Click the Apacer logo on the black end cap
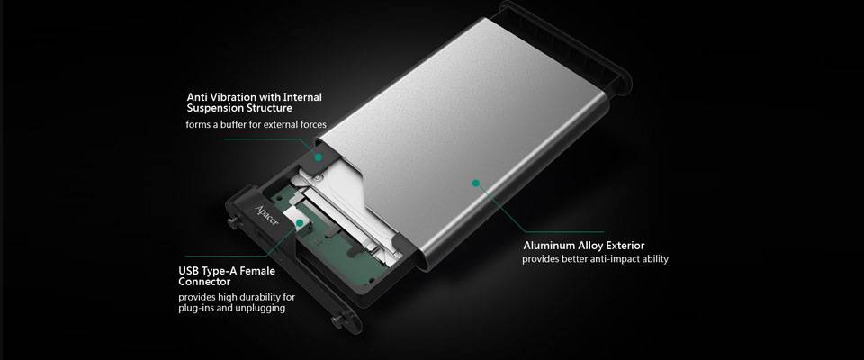[x=267, y=216]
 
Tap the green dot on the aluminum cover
[x=476, y=182]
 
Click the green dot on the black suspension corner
[x=318, y=157]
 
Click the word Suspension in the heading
[x=213, y=109]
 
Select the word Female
[x=257, y=271]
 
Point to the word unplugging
[x=262, y=308]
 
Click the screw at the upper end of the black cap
[x=232, y=222]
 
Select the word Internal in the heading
[x=302, y=97]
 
